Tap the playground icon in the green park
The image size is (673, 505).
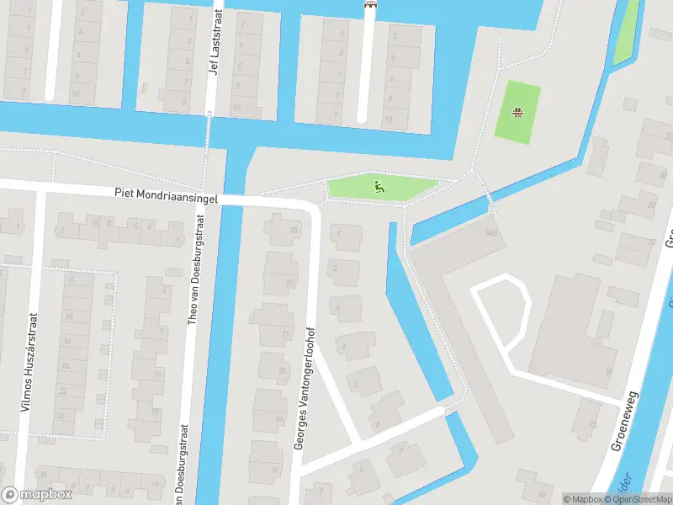[x=379, y=187]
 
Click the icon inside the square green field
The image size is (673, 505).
[x=519, y=111]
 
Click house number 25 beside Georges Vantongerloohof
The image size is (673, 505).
[x=293, y=229]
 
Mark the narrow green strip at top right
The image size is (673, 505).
[x=626, y=34]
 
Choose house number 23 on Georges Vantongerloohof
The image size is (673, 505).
[x=290, y=283]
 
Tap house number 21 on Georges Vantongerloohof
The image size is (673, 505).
[x=285, y=335]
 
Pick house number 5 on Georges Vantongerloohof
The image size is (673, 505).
[x=355, y=385]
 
